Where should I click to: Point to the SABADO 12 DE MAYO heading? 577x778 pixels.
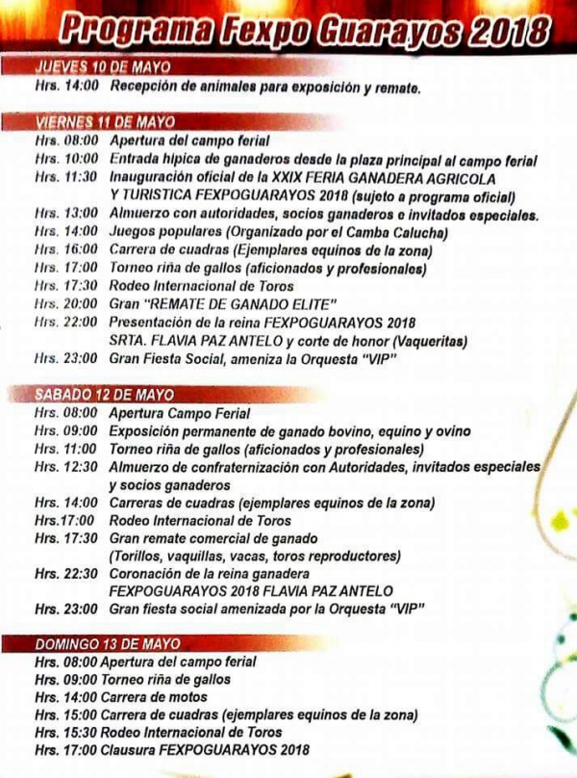click(104, 395)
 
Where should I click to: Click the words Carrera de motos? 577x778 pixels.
click(158, 697)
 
